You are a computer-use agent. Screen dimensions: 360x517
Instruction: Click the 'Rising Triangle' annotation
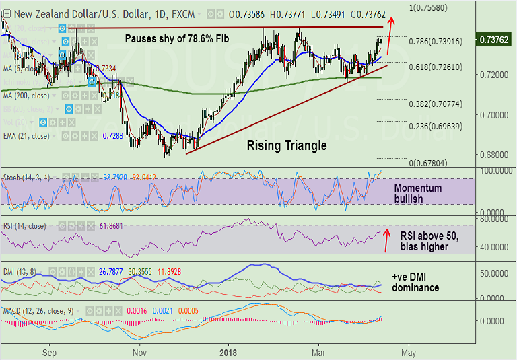(286, 145)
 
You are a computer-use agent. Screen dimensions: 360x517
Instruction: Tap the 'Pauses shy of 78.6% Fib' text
(177, 38)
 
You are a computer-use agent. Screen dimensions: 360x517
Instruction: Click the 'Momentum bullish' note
(418, 193)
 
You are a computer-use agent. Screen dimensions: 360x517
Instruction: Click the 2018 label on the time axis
(228, 351)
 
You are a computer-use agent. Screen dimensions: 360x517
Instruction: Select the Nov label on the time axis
(139, 351)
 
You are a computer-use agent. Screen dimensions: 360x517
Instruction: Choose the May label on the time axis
(407, 351)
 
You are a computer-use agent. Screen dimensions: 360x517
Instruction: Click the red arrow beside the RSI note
(386, 241)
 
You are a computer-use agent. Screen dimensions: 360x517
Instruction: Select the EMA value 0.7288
(112, 135)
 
